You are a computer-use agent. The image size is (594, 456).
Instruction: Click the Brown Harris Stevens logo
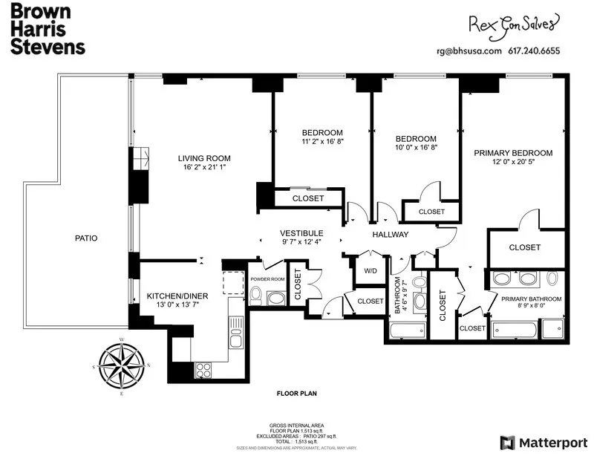click(x=48, y=30)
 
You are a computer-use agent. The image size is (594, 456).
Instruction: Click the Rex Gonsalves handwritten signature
click(x=512, y=25)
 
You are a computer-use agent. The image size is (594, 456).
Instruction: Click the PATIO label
click(x=86, y=238)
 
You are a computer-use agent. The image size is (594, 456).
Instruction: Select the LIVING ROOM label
click(x=203, y=158)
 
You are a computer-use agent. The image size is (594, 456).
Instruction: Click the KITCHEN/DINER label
click(x=177, y=296)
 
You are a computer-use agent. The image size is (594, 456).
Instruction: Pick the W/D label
click(x=369, y=271)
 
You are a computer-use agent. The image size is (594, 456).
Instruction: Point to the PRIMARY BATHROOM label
click(x=531, y=299)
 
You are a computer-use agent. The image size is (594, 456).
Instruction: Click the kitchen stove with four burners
click(x=203, y=369)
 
